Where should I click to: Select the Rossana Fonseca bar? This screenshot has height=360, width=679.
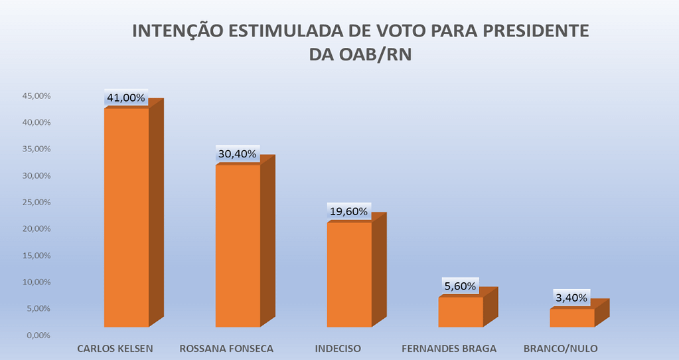238,245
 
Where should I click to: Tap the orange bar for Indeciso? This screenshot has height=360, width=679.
350,274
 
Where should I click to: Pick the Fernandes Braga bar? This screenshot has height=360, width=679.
461,312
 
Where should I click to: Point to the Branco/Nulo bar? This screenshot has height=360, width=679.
572,317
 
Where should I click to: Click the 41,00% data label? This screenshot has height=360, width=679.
125,98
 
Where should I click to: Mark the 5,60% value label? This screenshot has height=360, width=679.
459,286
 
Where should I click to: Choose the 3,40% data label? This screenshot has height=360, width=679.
570,298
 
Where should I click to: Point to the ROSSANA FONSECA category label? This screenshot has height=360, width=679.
226,348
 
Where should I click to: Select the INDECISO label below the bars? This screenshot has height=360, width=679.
337,348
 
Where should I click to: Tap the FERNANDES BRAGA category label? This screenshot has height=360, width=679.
449,348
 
